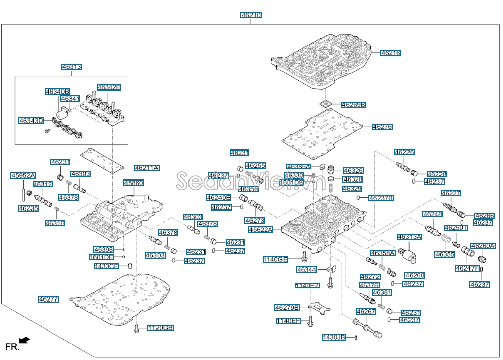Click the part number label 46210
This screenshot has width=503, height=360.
(x=251, y=15)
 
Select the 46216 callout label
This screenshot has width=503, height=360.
(x=391, y=53)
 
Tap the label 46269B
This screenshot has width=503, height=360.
(x=354, y=105)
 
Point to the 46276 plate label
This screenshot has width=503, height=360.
(x=382, y=127)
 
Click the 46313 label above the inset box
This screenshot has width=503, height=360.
(x=72, y=67)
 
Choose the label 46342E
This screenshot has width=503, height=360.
(x=109, y=87)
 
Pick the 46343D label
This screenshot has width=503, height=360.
(x=31, y=121)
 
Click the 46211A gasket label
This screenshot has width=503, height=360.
(x=147, y=168)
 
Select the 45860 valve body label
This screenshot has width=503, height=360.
(x=134, y=183)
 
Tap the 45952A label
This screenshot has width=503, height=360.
(x=23, y=176)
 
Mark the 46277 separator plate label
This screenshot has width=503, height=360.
(x=49, y=299)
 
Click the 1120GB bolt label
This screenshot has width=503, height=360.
(x=161, y=328)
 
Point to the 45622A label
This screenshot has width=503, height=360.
(x=261, y=230)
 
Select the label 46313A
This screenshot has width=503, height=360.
(x=410, y=237)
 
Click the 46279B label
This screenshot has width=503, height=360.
(x=287, y=307)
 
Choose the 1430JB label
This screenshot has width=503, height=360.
(x=334, y=337)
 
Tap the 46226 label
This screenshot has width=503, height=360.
(x=404, y=152)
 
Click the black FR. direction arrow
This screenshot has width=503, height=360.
(x=24, y=340)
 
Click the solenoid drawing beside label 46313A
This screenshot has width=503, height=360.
(x=408, y=254)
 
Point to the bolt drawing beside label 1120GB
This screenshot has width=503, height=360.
(x=137, y=329)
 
